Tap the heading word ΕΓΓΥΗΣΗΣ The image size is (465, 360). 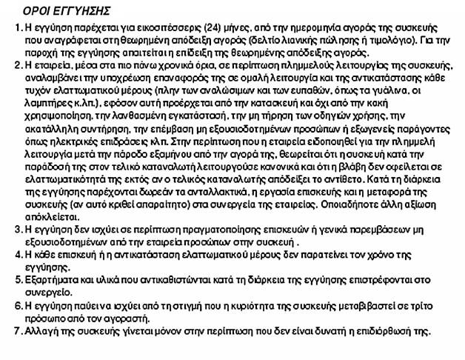pos(81,12)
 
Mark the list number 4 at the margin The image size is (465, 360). pos(16,254)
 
